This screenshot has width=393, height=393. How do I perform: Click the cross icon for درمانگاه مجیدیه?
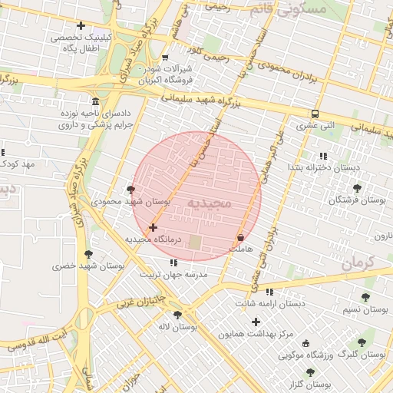tap(154, 227)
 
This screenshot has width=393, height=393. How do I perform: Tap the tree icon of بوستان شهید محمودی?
tap(130, 190)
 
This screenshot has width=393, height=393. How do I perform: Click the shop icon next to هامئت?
tap(241, 237)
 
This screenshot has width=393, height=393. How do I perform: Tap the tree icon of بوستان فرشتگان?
tap(356, 187)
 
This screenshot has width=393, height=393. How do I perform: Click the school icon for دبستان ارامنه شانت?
tap(269, 292)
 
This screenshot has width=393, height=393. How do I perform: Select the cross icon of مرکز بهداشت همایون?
tap(256, 322)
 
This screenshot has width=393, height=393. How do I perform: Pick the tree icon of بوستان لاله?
tap(178, 315)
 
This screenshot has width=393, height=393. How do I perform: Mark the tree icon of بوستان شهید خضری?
tap(89, 254)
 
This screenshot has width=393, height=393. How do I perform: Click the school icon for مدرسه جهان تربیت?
tap(173, 263)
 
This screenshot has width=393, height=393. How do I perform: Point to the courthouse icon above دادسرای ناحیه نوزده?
tap(95, 102)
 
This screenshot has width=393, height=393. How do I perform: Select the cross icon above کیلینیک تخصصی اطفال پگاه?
tap(81, 26)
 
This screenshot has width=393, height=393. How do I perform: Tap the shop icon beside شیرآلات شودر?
tap(166, 58)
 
